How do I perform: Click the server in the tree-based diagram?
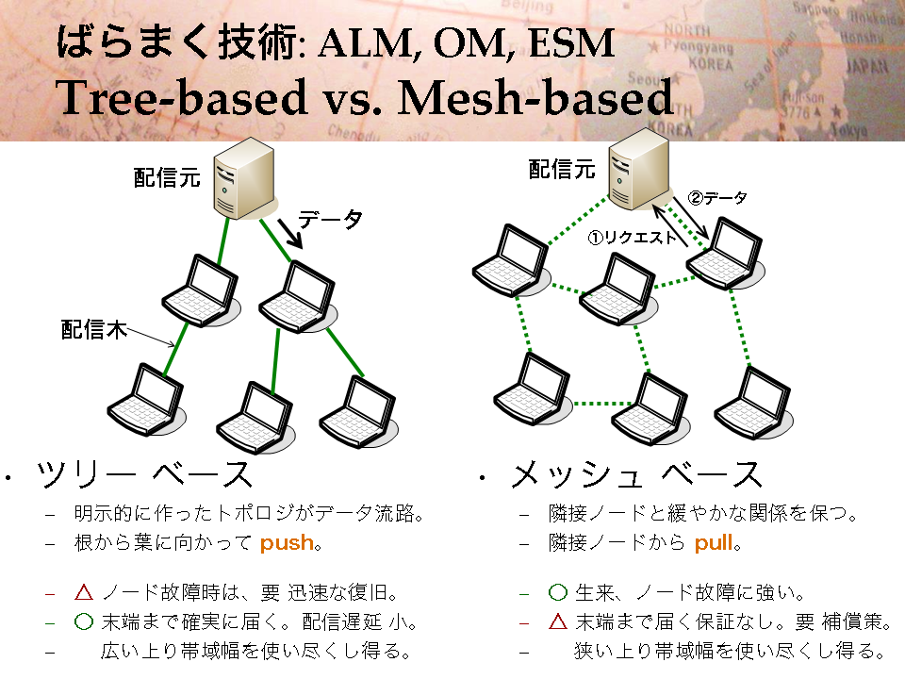coord(245,178)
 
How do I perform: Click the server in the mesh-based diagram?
coord(640,169)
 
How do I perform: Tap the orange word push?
coord(287,543)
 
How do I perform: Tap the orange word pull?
coord(714,543)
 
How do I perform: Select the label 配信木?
coord(94,330)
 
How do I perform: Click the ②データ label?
coord(717,198)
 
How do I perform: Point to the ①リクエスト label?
coord(632,238)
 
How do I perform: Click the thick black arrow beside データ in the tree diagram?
coord(290,233)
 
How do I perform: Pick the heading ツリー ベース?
coord(144,474)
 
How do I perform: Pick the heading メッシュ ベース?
coord(636,474)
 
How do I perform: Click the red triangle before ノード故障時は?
coord(84,592)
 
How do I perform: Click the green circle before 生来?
coord(558,592)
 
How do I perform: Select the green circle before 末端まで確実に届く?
coord(84,621)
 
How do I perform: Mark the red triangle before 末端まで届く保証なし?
coord(558,621)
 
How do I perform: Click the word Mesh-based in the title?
coord(535,97)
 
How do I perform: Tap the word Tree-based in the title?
coord(181,97)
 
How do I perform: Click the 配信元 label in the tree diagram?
coord(167,177)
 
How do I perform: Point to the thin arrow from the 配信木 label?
coord(151,338)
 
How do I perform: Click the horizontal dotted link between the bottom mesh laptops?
coord(603,403)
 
